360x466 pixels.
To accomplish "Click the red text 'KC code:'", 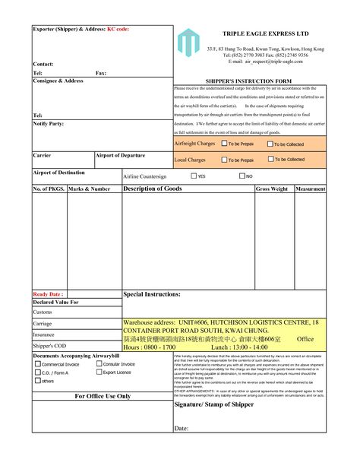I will tap(117, 29).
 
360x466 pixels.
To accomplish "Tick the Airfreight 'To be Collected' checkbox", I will tap(270, 143).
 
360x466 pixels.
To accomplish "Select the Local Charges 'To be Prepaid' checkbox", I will tap(225, 160).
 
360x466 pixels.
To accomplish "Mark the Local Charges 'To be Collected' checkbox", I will tap(270, 160).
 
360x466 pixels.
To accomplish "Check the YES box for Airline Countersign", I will tap(193, 176).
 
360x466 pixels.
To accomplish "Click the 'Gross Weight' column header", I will tap(272, 189).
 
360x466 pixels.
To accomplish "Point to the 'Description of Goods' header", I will tap(152, 188).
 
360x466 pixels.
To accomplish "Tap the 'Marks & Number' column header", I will tap(90, 189).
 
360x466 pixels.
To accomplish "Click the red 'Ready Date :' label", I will tap(47, 293).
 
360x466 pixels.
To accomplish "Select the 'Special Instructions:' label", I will tap(152, 293).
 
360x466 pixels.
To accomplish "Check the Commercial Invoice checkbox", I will tap(38, 363).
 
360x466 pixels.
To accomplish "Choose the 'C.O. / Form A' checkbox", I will tap(38, 372).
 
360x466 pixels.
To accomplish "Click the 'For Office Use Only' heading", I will tap(103, 396).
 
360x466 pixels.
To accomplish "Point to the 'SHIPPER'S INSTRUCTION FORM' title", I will tap(248, 80).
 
